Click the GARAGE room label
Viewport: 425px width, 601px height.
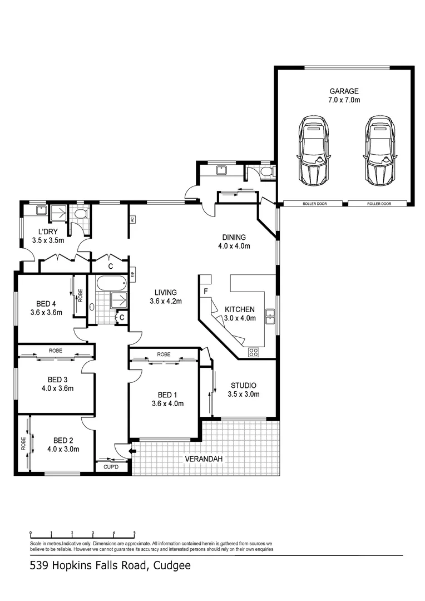(344, 91)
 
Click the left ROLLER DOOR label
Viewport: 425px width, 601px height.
(314, 204)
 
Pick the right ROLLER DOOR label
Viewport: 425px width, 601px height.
(379, 204)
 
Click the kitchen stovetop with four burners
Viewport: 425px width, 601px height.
(254, 351)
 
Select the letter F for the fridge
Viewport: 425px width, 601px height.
(206, 291)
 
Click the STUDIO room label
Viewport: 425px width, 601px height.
(244, 385)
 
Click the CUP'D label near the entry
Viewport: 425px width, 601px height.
(111, 467)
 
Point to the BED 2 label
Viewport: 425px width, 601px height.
(63, 440)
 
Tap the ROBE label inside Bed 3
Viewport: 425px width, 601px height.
(55, 351)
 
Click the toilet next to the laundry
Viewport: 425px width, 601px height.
(81, 213)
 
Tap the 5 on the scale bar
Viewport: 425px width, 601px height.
(134, 533)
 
